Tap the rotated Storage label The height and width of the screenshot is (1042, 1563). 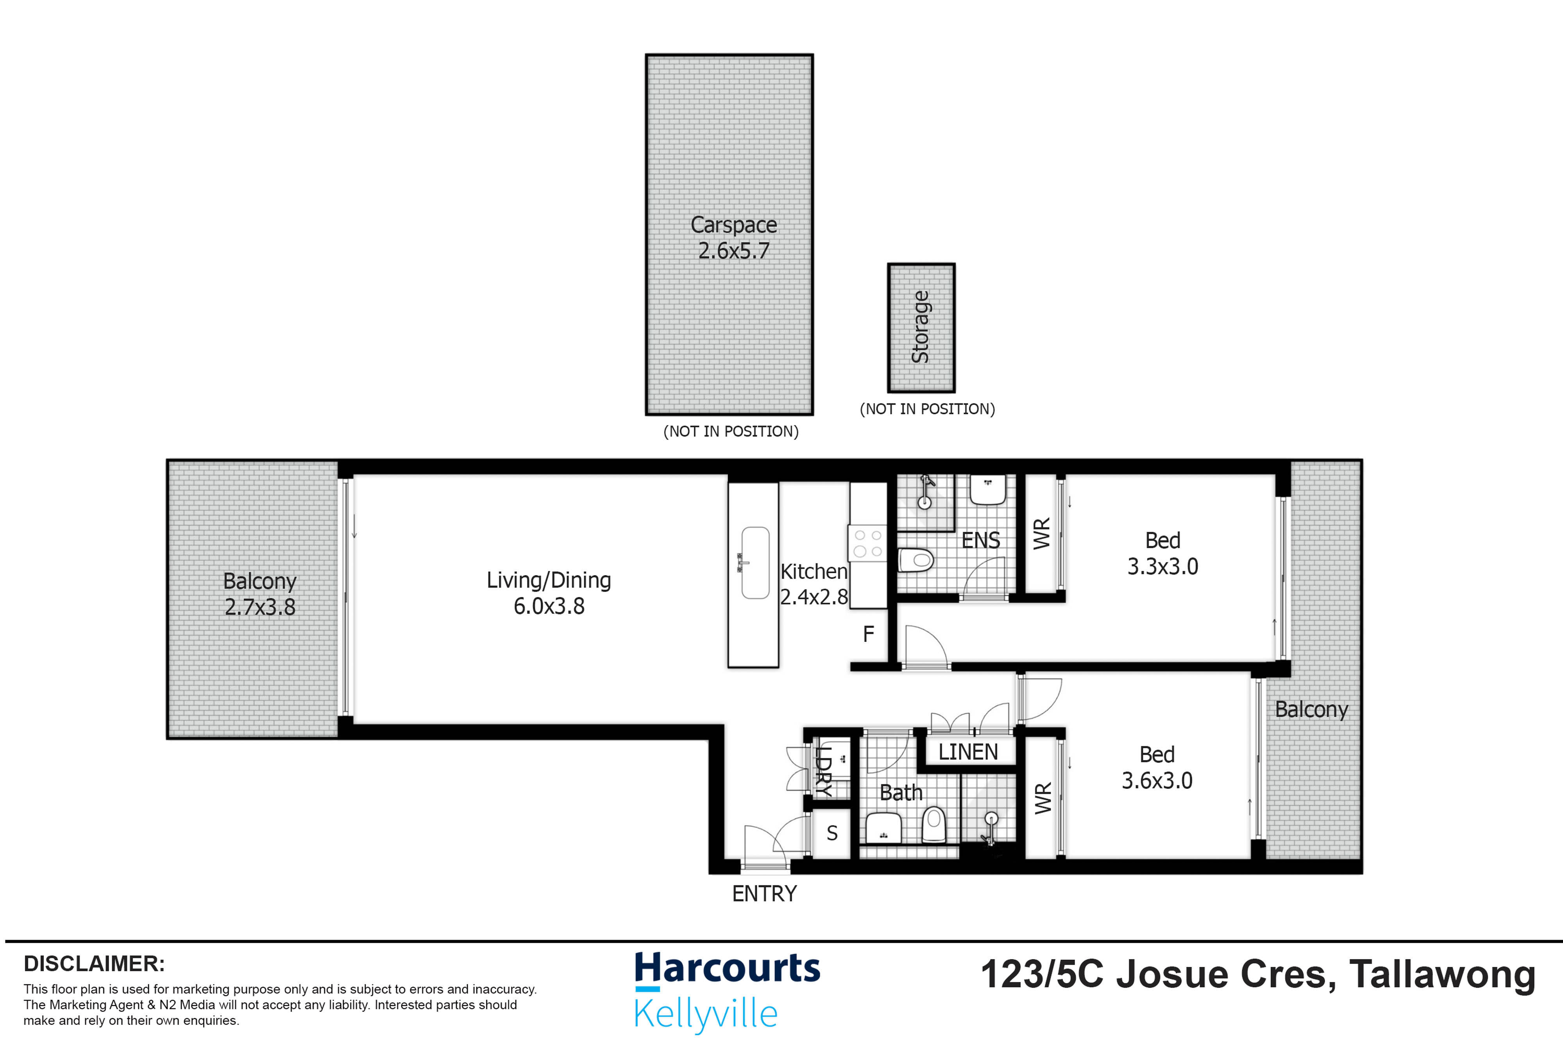[920, 327]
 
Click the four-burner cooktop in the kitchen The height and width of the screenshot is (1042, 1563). [867, 543]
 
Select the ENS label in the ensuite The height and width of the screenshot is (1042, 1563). [980, 540]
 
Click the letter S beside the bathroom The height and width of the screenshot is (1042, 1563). [832, 833]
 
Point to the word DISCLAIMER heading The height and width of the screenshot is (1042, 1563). [94, 963]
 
